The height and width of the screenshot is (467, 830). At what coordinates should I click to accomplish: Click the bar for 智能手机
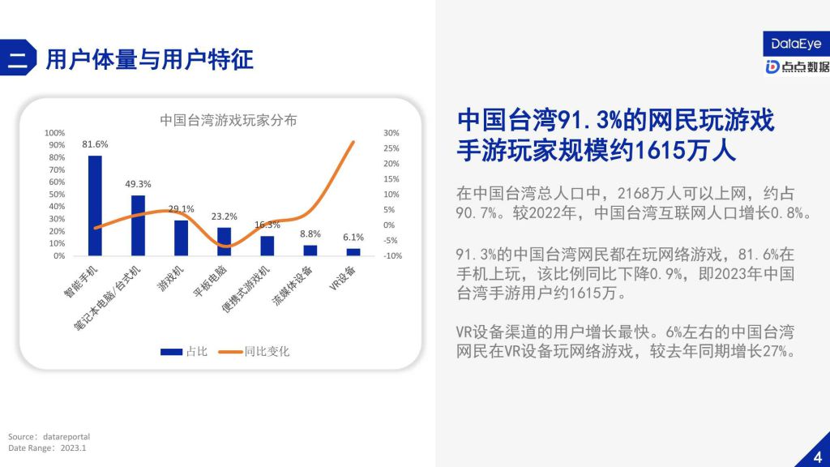click(95, 205)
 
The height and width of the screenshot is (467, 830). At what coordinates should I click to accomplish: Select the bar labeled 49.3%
click(138, 225)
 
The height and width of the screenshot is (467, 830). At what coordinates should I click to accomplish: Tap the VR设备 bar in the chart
click(353, 252)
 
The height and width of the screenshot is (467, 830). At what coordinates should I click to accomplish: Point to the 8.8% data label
click(310, 234)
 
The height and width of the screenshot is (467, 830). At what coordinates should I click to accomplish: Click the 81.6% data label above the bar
click(95, 144)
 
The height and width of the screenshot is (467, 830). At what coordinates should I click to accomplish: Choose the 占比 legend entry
click(184, 352)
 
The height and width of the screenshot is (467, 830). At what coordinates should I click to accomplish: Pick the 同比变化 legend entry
click(254, 352)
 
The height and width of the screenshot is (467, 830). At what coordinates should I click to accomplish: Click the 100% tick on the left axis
click(54, 133)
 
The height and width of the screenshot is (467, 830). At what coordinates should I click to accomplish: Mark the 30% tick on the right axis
click(391, 133)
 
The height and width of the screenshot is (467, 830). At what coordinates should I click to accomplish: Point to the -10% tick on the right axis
click(393, 255)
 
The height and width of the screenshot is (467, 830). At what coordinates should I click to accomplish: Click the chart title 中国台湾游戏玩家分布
click(228, 120)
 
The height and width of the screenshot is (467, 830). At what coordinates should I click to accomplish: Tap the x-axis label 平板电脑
click(210, 281)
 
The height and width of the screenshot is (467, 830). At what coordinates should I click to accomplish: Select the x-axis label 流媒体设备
click(292, 285)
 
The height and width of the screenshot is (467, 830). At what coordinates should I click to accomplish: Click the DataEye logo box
click(796, 44)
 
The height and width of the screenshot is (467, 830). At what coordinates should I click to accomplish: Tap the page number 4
click(818, 457)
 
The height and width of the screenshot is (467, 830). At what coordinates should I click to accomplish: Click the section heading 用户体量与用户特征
click(150, 59)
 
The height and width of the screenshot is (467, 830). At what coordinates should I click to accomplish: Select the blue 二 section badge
click(18, 58)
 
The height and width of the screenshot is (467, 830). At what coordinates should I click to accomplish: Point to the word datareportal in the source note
click(66, 437)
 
